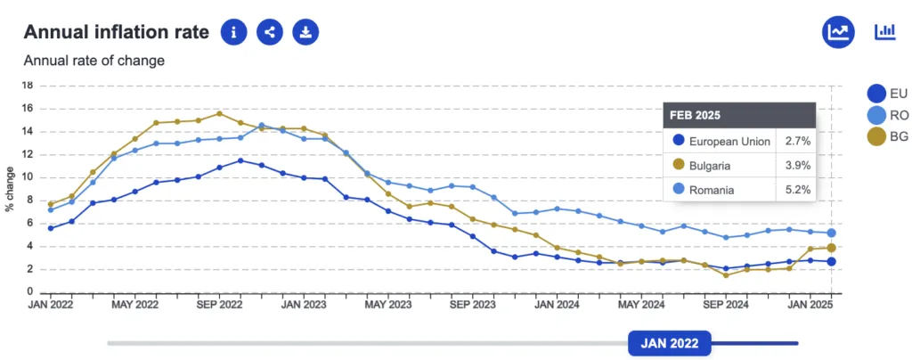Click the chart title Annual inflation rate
click(x=116, y=33)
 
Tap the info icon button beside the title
click(x=234, y=33)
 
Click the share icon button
click(x=270, y=33)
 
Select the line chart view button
click(x=838, y=33)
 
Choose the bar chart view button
click(x=885, y=33)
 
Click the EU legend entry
click(x=887, y=94)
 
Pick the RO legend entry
click(x=887, y=115)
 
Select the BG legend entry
click(x=887, y=136)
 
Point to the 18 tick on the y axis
click(x=27, y=86)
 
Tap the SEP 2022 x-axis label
click(x=218, y=305)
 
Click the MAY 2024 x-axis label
click(x=640, y=305)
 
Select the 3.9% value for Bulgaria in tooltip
click(x=795, y=165)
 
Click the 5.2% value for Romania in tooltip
click(x=795, y=189)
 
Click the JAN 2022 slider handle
click(x=670, y=343)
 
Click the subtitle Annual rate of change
click(x=94, y=61)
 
